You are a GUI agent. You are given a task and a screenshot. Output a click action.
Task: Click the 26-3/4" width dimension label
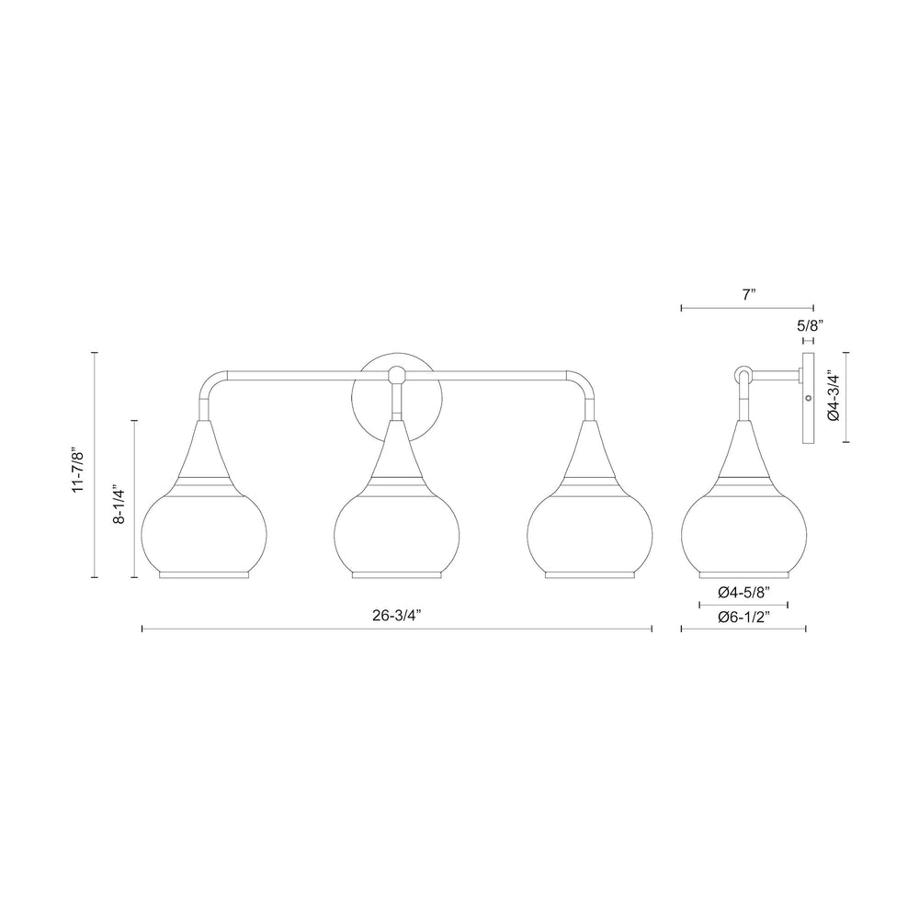pos(397,617)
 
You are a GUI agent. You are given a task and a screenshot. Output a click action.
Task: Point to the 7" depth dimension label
pos(748,295)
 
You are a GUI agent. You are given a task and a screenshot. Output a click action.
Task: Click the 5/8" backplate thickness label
pos(809,325)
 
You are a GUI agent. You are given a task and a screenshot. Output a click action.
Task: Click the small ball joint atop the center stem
pos(397,374)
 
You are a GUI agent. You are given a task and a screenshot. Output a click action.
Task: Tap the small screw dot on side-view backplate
pos(808,398)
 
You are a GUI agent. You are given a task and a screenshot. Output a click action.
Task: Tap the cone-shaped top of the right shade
pos(589,450)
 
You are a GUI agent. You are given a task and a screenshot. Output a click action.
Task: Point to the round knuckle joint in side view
pos(743,374)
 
